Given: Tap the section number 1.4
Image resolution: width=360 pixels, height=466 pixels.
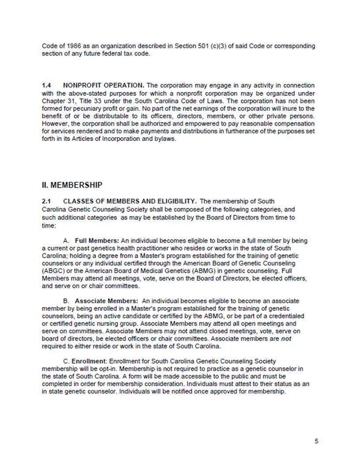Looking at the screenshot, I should pyautogui.click(x=46, y=85).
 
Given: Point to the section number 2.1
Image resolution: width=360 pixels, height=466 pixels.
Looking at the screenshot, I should pyautogui.click(x=46, y=201).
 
